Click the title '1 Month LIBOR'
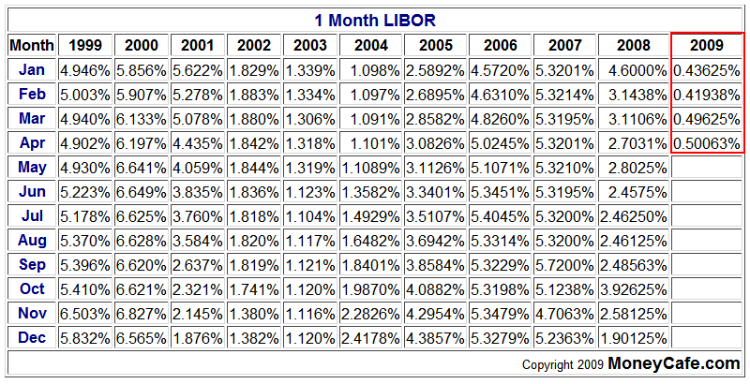coord(375,20)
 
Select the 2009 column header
coord(707,45)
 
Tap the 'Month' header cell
coord(32,45)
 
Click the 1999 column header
coord(85,45)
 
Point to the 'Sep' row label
coord(32,264)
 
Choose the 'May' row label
coord(32,167)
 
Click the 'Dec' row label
coord(32,337)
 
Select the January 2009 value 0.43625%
coord(707,70)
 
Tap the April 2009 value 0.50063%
coord(707,142)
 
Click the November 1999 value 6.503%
coord(85,313)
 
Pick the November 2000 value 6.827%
coord(142,313)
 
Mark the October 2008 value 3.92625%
coord(633,288)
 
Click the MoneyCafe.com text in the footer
coord(673,362)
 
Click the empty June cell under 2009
coord(707,191)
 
